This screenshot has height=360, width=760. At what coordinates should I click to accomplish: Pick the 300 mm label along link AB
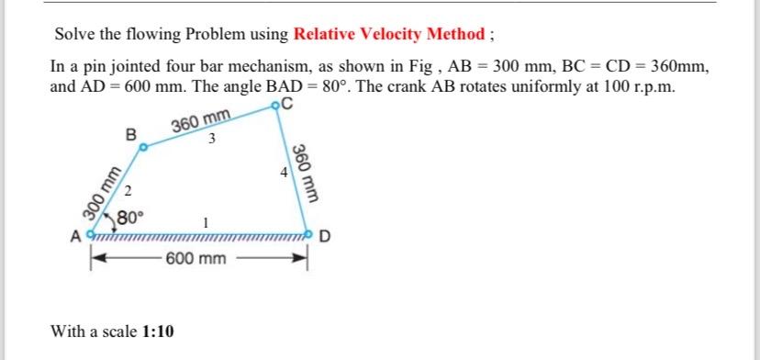tap(95, 193)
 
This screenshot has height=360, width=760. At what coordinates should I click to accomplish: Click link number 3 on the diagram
tap(212, 140)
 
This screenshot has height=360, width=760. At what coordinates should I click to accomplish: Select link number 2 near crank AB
tap(129, 192)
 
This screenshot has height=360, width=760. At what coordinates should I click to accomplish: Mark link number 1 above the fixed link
tap(207, 223)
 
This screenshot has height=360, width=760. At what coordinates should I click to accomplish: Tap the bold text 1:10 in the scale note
tap(159, 331)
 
